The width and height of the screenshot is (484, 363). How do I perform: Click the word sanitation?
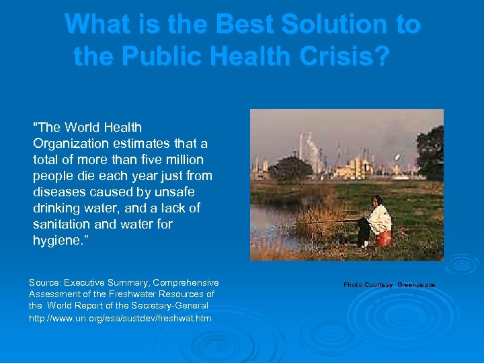61,224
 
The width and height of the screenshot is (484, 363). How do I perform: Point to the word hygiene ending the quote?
56,241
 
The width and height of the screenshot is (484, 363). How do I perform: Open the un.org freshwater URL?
120,317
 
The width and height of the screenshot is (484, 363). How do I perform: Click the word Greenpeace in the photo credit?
416,285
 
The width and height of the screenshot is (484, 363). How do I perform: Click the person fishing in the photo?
377,219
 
